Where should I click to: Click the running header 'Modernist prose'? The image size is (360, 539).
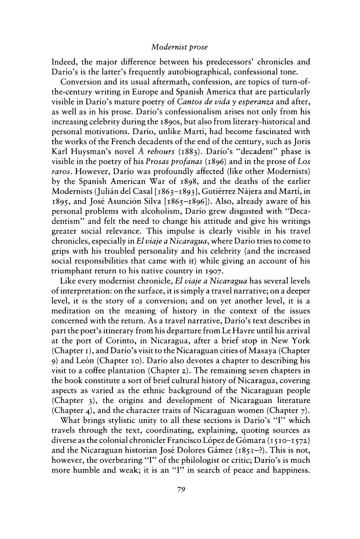point(180,47)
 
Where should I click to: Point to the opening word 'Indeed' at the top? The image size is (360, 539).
point(63,62)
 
